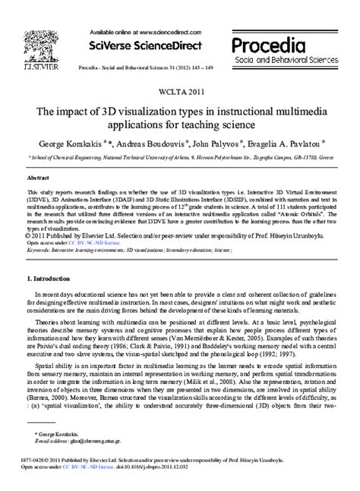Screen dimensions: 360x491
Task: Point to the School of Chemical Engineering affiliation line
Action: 180,158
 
